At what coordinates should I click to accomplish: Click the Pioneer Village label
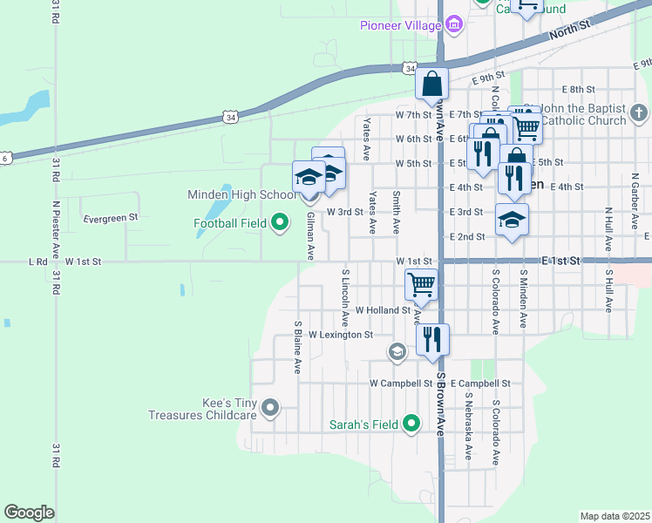401,25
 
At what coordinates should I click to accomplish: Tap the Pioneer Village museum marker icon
453,26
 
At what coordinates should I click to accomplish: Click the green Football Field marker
280,223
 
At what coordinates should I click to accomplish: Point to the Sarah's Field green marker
412,425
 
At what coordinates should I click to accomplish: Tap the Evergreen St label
111,218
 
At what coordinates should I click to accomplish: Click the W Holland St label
383,309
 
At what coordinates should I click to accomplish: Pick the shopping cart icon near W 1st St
422,283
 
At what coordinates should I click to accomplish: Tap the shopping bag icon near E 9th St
432,85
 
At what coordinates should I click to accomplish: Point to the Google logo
30,513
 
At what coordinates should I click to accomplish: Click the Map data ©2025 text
615,516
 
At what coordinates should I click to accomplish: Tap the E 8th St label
578,90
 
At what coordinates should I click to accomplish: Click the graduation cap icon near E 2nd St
512,220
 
